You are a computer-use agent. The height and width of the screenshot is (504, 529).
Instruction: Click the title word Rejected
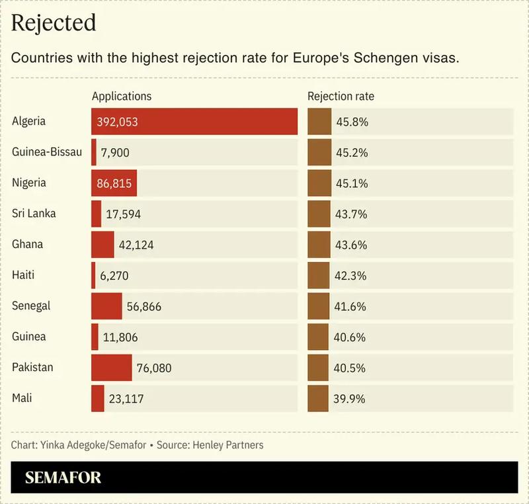click(x=54, y=23)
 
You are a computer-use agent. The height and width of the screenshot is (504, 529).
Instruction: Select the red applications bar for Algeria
click(x=194, y=122)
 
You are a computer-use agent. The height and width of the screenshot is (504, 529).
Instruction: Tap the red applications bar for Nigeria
click(x=114, y=183)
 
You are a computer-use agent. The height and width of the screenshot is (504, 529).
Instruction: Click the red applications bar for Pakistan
click(x=111, y=368)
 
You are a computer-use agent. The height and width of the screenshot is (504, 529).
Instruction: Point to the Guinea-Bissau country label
click(x=47, y=152)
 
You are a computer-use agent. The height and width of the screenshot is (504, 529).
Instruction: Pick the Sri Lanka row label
click(x=34, y=214)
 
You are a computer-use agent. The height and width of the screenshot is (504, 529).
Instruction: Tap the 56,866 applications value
click(x=143, y=307)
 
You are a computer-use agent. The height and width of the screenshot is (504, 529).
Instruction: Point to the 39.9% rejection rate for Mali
click(x=350, y=399)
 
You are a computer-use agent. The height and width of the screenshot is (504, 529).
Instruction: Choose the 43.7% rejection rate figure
click(x=351, y=214)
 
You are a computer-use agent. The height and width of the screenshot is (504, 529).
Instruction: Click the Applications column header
click(x=122, y=96)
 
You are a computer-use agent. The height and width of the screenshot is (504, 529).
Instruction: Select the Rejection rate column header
click(x=341, y=96)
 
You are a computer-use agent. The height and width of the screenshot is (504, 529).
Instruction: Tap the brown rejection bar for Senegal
click(x=318, y=306)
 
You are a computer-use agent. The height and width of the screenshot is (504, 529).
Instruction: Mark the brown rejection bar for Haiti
click(x=319, y=275)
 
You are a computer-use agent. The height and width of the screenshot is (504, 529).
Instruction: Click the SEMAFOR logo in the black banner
click(x=63, y=478)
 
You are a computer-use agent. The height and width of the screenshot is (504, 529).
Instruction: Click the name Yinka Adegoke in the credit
click(x=73, y=445)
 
